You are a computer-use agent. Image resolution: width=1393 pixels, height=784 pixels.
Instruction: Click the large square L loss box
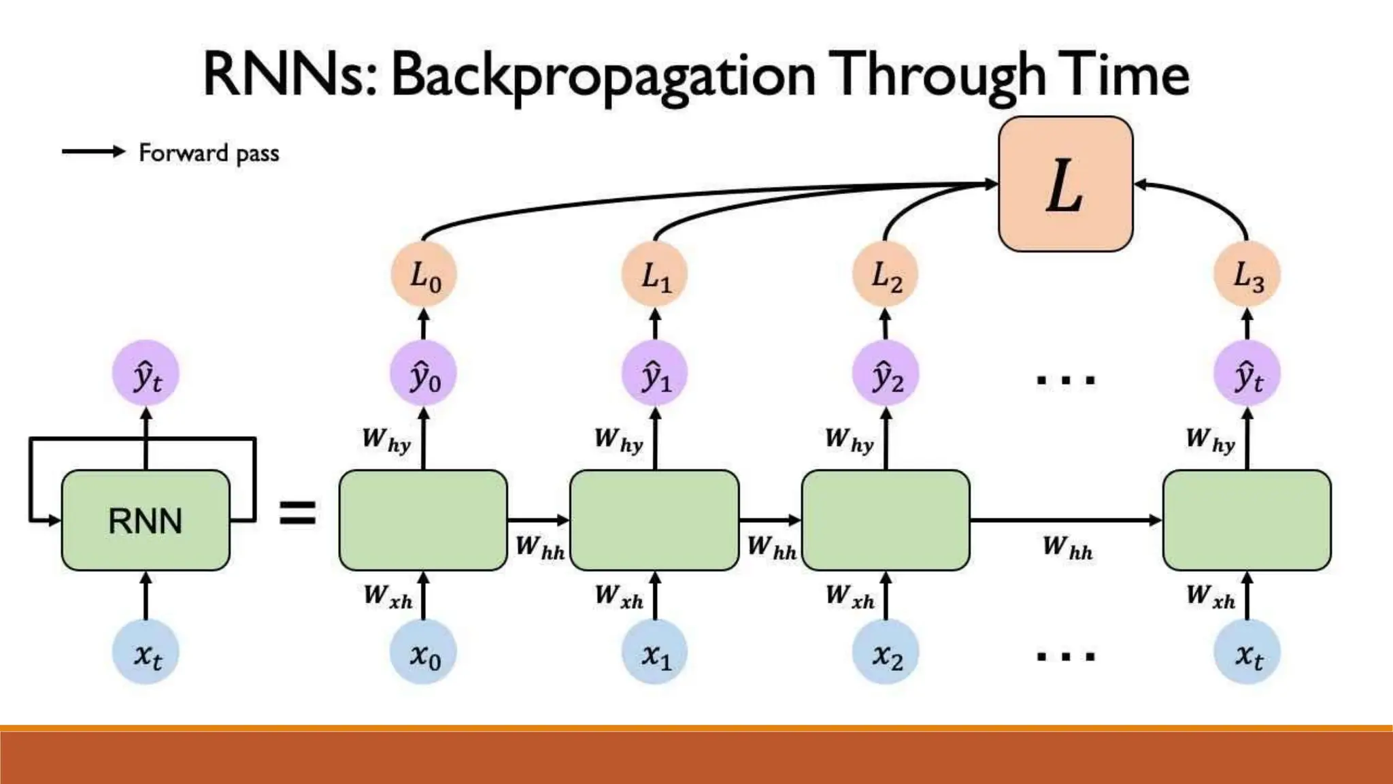point(1065,184)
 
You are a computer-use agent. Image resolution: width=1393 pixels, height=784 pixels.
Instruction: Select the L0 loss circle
point(424,275)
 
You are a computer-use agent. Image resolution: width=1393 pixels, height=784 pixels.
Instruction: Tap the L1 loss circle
point(655,275)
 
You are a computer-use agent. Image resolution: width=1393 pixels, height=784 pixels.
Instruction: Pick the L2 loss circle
point(886,275)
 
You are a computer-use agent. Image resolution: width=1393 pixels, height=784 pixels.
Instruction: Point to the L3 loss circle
point(1247,275)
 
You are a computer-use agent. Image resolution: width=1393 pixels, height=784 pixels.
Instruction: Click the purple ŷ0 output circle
point(424,374)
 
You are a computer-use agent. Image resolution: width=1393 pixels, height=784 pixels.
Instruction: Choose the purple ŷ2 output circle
point(886,374)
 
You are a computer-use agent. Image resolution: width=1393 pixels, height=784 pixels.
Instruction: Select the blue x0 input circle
point(424,653)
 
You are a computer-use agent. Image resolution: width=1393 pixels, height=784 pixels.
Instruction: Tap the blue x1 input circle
point(655,653)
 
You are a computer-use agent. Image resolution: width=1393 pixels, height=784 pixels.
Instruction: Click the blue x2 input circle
point(886,653)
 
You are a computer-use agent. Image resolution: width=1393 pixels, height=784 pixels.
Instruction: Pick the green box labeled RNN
point(146,521)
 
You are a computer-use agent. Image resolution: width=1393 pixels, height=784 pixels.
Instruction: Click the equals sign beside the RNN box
point(298,513)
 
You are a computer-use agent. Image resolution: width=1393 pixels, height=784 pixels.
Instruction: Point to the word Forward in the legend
point(183,152)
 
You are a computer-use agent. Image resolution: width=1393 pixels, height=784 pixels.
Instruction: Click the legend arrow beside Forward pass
point(94,151)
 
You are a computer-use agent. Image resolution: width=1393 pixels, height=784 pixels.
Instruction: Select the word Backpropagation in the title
point(603,76)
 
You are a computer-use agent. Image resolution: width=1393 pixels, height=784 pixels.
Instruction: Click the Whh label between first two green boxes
point(539,547)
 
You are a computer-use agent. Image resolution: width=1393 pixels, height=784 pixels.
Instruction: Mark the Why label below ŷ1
point(618,440)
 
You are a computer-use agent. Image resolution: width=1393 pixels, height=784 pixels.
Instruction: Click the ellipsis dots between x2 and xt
point(1065,657)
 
